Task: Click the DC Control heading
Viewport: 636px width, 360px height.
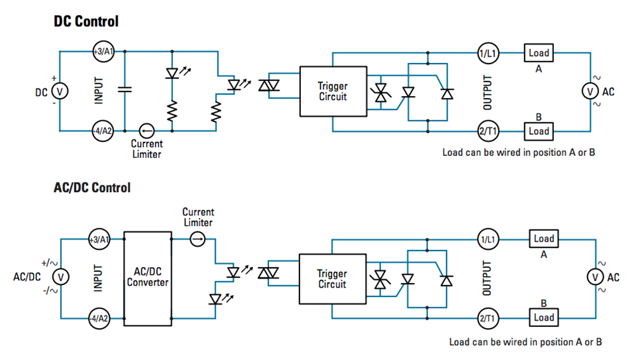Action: pos(86,22)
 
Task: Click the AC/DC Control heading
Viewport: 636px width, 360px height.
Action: pos(92,188)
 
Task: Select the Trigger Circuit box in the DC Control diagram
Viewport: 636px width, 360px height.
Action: pos(333,92)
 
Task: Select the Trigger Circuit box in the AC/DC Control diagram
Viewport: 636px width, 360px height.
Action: pos(332,279)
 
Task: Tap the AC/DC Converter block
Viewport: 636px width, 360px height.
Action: pos(148,277)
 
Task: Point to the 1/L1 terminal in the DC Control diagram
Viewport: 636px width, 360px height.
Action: pos(490,53)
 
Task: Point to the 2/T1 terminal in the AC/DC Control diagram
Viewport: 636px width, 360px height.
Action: pos(490,317)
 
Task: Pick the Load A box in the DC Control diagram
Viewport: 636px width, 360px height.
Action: pos(538,53)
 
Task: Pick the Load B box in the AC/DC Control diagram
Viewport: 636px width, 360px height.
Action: pos(544,317)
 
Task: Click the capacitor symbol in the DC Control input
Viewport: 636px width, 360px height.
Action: pos(125,91)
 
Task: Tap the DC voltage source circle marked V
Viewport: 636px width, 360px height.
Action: pos(59,92)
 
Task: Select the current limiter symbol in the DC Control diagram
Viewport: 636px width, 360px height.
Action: pos(146,131)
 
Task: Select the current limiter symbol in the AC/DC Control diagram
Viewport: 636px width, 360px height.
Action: pos(198,239)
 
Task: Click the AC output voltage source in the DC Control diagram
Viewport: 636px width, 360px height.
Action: pos(590,92)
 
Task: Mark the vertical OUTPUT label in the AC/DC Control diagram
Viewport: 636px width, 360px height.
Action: pos(487,278)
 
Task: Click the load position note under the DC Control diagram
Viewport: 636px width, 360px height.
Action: pos(518,153)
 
